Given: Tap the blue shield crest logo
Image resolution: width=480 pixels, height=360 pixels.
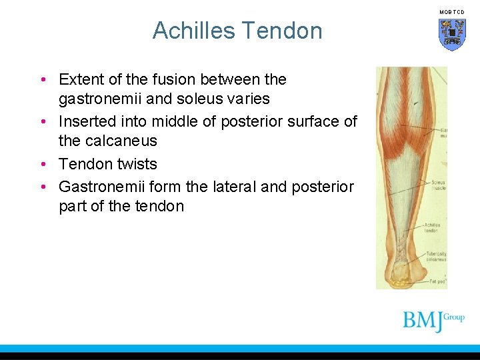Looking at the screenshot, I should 451,33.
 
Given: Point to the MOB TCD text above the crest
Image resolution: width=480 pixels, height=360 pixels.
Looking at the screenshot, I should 451,12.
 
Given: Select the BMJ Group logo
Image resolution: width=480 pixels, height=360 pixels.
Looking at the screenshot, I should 433,320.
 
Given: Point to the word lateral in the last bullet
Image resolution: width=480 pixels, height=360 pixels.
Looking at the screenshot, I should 234,187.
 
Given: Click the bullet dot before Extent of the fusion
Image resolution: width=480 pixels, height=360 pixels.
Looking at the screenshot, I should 42,80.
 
